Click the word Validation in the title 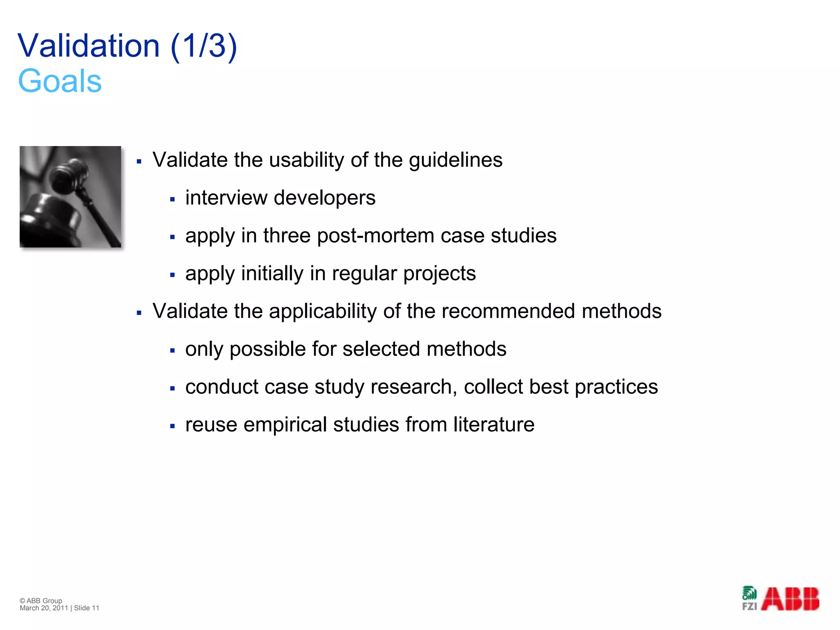tap(89, 46)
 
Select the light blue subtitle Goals tap(60, 81)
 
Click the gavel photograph tap(71, 196)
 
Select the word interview tap(226, 198)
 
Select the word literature tap(494, 425)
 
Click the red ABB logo tap(790, 599)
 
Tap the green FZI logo tap(749, 599)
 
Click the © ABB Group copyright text tap(41, 600)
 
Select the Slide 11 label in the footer tap(87, 608)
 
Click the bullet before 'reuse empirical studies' tap(172, 426)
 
